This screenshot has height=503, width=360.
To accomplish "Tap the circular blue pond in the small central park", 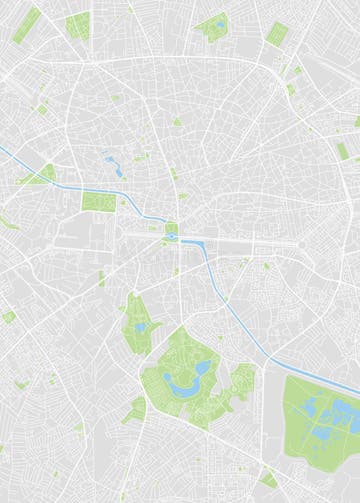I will point(171,236).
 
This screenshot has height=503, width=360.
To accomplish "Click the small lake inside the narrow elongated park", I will point(141,326).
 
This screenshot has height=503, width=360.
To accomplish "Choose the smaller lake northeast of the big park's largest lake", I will point(203,368).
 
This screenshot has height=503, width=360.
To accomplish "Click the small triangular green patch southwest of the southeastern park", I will point(268,478).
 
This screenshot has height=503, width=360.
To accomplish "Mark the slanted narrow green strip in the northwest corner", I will point(28,24).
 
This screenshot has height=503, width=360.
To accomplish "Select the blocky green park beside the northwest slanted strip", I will point(77,26).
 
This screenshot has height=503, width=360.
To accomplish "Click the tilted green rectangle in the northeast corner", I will point(277,34).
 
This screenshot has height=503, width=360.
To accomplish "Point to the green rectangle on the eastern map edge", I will point(343,151).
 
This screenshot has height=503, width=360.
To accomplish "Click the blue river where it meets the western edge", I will point(3,150).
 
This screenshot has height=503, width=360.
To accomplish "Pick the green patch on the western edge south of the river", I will point(8,317).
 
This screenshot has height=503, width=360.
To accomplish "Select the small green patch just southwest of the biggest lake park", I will point(135,408).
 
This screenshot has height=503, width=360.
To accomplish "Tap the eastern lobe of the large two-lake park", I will point(241,380).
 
